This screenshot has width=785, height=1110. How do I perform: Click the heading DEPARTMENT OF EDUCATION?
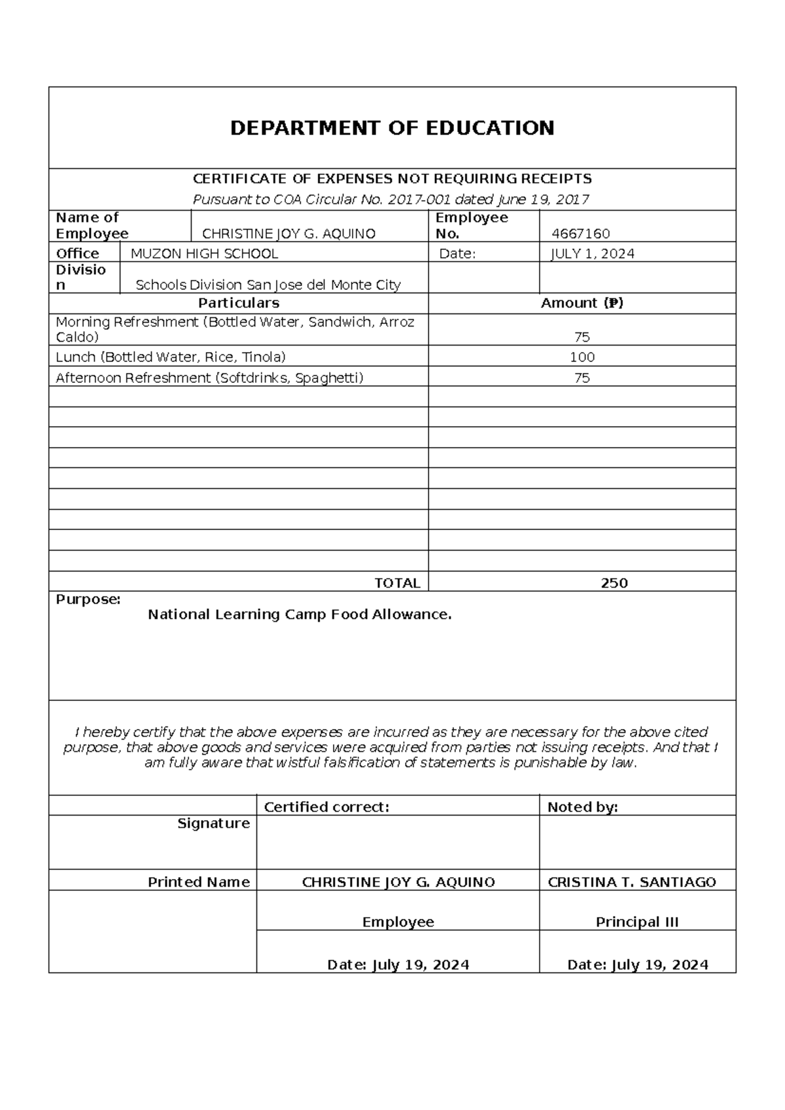(392, 128)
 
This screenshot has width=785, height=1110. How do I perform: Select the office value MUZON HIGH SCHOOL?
(204, 254)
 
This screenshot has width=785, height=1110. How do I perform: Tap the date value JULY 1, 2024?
(593, 254)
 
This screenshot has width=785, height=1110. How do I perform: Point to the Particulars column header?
(239, 303)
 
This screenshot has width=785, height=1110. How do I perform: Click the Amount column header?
(582, 303)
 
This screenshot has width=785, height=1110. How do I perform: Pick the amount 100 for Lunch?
(582, 357)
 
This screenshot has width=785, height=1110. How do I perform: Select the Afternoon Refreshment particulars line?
(209, 378)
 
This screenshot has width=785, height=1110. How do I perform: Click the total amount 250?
(614, 583)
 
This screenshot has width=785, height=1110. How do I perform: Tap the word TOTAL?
(397, 583)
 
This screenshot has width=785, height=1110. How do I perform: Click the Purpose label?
(88, 600)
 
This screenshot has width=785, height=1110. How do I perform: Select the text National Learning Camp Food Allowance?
(300, 615)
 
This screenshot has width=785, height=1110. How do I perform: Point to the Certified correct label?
(326, 807)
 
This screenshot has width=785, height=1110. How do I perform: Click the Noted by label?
(582, 807)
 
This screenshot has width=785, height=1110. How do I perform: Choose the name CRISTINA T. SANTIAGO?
(632, 882)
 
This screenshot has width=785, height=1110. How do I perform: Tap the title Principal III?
(637, 922)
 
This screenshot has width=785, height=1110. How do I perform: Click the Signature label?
(213, 823)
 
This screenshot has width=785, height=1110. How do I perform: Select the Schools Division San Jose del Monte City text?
(268, 285)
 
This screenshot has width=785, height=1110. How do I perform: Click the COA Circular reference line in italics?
(391, 199)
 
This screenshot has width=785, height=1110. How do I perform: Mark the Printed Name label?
(198, 882)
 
